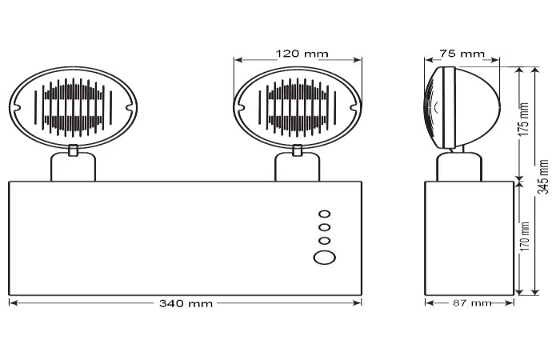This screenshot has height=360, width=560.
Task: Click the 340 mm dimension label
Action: point(186,303)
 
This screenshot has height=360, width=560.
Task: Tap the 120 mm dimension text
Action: point(302,54)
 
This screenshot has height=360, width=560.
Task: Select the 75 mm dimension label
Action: point(462,54)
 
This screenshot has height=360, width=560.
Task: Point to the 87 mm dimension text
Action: point(472,303)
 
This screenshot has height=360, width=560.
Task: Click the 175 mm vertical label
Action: point(523,119)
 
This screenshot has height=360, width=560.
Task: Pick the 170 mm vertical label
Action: point(524,236)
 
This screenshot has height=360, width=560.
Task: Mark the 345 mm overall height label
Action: point(543,177)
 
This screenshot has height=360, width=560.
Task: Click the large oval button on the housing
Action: point(325,257)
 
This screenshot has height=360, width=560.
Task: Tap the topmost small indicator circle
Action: point(325,214)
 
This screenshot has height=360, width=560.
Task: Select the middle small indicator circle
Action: point(324,227)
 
